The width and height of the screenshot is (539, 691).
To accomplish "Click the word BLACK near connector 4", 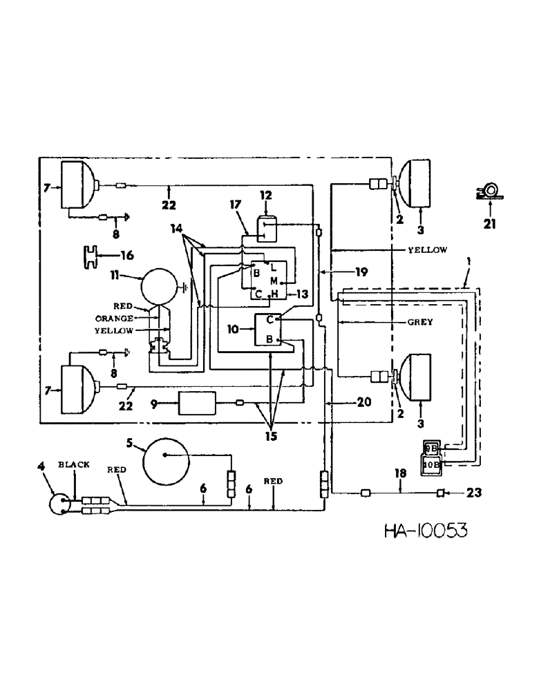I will [x=73, y=465].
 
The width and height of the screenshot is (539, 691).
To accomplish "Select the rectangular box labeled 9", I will [x=197, y=403].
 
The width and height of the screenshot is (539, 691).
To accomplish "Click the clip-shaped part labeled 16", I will [x=90, y=255].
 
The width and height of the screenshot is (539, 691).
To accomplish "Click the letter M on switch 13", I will [x=274, y=281].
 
